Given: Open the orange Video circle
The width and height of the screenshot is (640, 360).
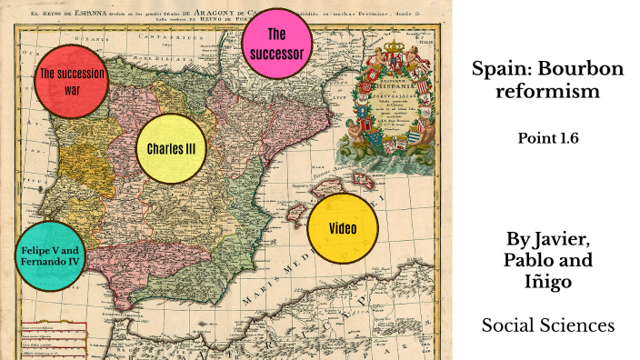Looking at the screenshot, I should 342,228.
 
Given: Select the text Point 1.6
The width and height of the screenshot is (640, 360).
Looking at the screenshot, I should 548,138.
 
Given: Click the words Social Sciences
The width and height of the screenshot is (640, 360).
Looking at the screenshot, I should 548,325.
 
